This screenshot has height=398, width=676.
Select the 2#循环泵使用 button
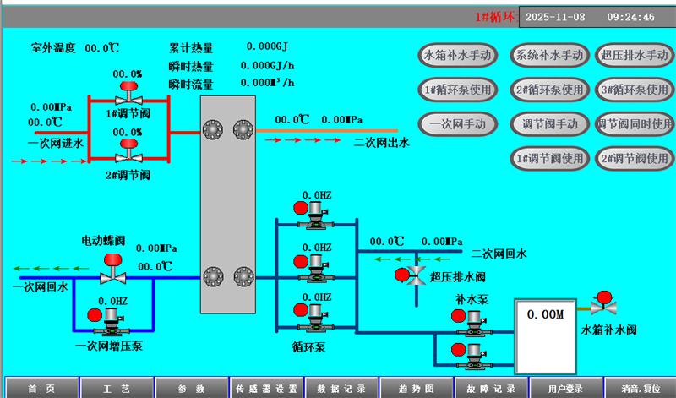(548, 89)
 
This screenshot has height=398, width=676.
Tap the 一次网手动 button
(457, 123)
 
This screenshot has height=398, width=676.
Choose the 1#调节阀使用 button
(548, 158)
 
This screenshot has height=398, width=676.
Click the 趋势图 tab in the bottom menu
(415, 389)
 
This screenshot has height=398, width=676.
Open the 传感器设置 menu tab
(266, 389)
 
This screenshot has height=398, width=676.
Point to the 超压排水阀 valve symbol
(415, 274)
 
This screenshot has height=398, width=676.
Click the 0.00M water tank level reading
(545, 314)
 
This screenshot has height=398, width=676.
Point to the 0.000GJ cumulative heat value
(269, 46)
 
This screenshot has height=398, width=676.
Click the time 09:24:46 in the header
(630, 16)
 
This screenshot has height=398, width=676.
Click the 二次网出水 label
(381, 143)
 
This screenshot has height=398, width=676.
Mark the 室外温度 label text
(54, 48)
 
